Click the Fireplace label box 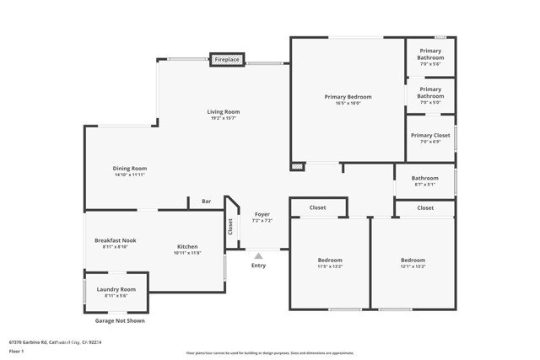click(x=226, y=60)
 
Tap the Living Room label click(x=224, y=112)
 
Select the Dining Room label click(x=131, y=169)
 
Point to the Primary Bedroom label click(x=348, y=97)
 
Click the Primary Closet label click(x=430, y=135)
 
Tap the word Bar click(x=206, y=201)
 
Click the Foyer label click(x=262, y=214)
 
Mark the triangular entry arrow click(x=258, y=255)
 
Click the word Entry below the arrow click(x=258, y=266)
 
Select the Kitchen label click(x=187, y=246)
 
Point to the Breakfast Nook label click(x=115, y=240)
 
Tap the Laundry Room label click(x=116, y=289)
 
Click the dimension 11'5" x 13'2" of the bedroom click(x=329, y=266)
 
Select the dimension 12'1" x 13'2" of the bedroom click(x=413, y=266)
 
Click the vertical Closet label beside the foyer click(x=229, y=227)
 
